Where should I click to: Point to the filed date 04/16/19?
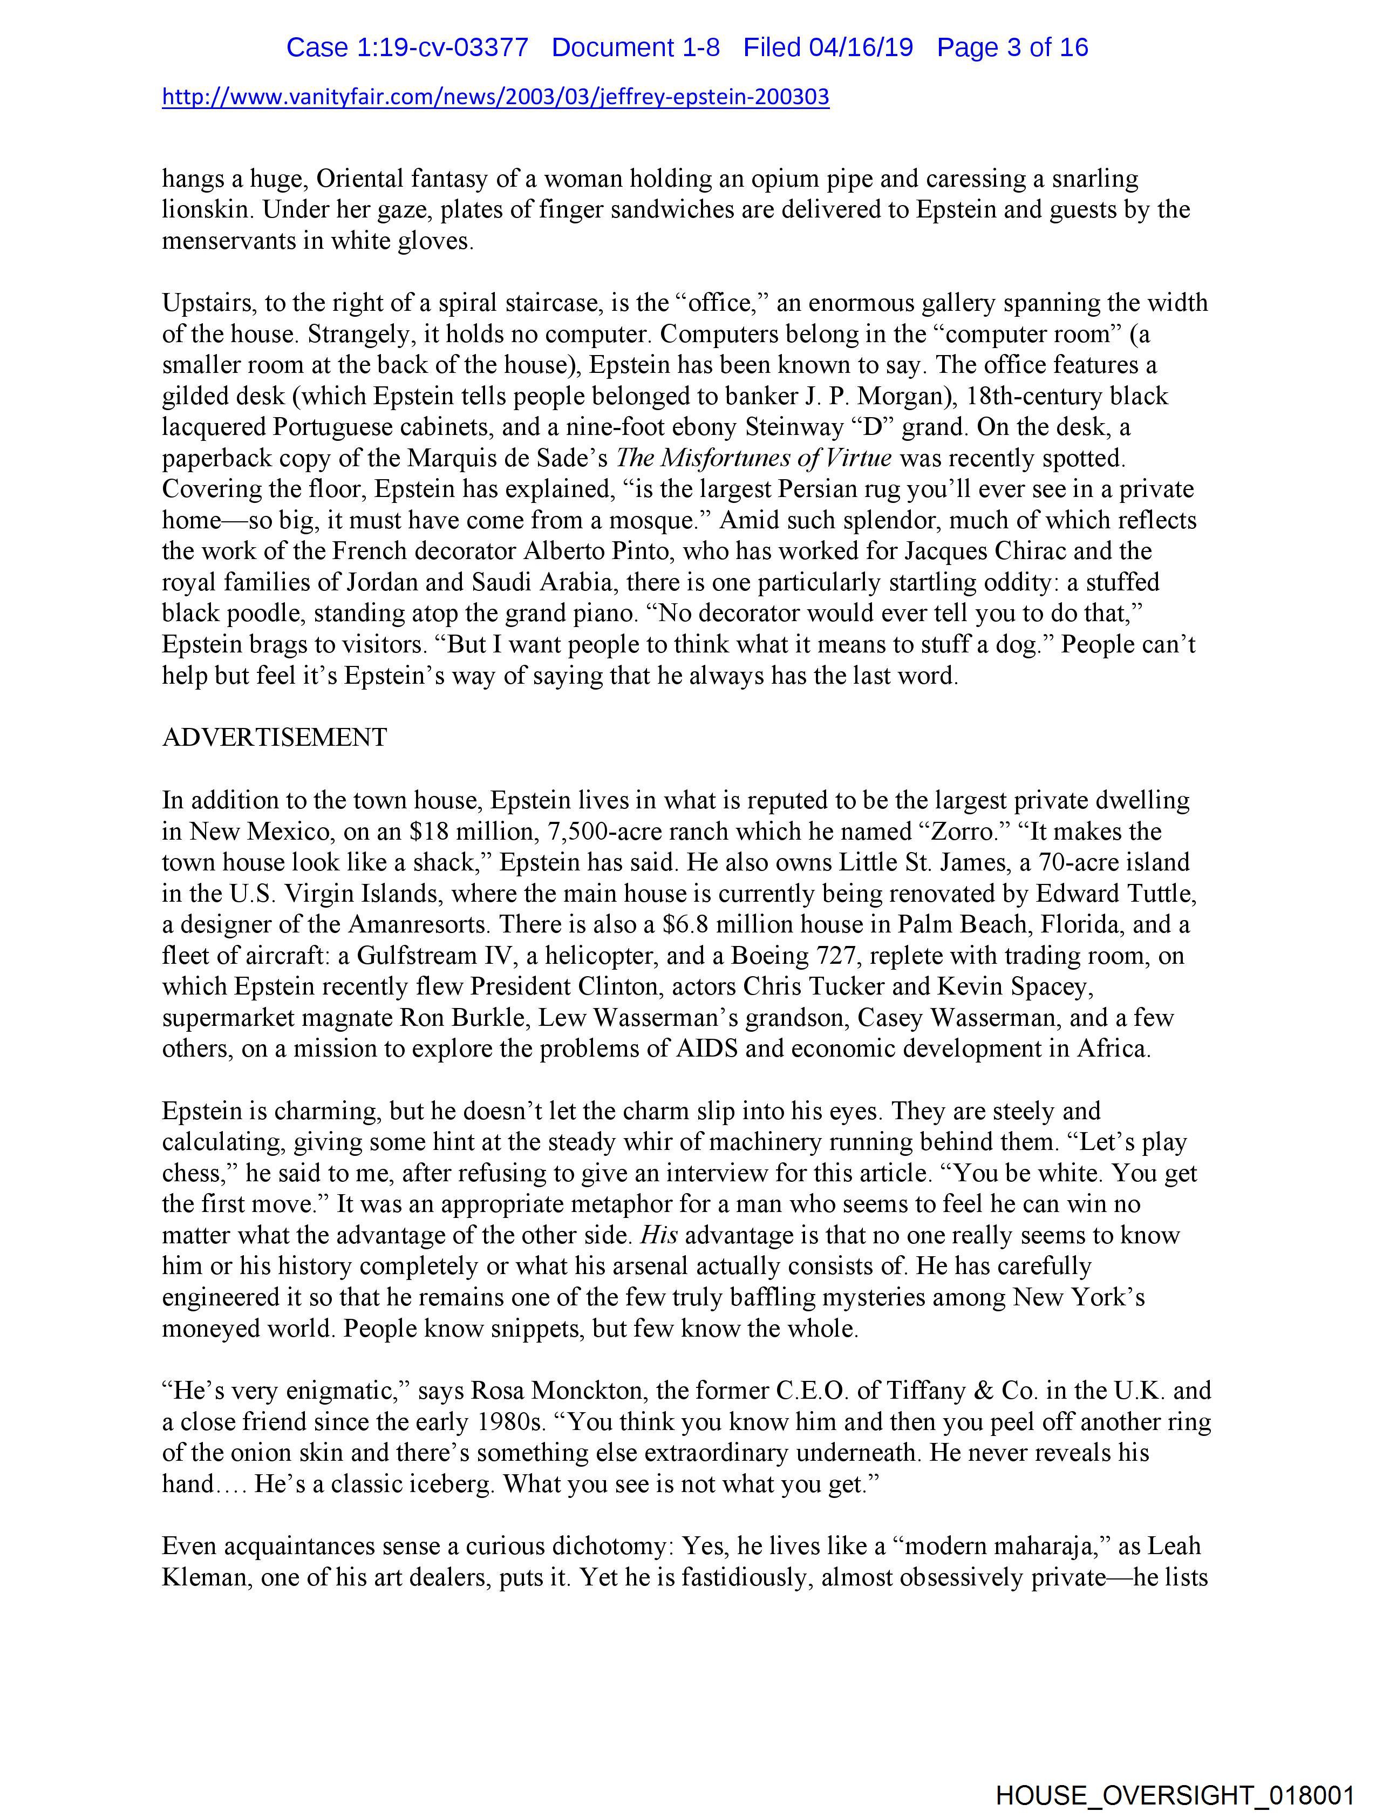pos(861,47)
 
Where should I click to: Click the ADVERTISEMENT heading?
pos(275,737)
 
